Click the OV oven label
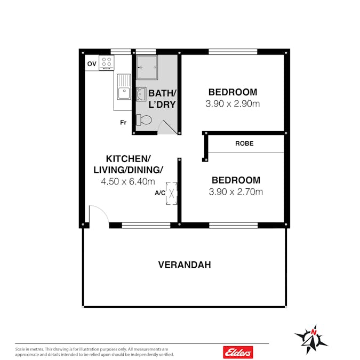pos(92,63)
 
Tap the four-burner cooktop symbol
pos(107,63)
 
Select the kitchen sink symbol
pos(124,87)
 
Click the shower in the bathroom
pos(147,67)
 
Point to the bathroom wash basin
pos(141,94)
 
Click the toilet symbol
pos(144,120)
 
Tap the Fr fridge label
pos(123,123)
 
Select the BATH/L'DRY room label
pos(162,99)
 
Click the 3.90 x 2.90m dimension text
pos(233,104)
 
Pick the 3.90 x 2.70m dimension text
pos(236,191)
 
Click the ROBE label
pos(244,143)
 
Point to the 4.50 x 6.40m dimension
pos(128,182)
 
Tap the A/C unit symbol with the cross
pos(172,193)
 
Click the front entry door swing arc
pos(103,210)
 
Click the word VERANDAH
pos(185,265)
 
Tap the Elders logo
pos(238,352)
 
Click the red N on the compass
pos(314,332)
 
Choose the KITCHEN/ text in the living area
pos(128,159)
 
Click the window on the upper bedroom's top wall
pos(233,52)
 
